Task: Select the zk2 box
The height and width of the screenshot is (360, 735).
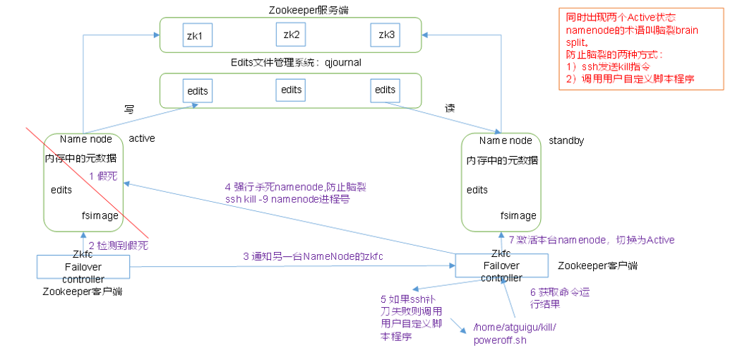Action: (292, 34)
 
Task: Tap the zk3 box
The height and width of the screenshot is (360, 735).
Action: (386, 35)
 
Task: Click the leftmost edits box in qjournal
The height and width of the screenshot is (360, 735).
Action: (198, 92)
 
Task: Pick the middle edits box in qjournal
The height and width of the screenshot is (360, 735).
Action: (292, 90)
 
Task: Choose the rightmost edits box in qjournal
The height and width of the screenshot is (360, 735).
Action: (386, 90)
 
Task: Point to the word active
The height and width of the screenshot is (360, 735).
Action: (142, 138)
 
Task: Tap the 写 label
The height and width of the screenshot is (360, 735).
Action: (130, 109)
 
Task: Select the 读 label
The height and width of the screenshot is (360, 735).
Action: (450, 109)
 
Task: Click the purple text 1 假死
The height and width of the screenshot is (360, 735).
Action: (104, 175)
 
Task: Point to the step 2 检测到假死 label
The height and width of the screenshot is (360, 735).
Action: (119, 245)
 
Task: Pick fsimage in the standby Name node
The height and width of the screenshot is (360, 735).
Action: (518, 215)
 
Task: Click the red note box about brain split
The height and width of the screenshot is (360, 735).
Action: (640, 48)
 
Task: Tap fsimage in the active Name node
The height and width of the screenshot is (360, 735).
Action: (100, 215)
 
